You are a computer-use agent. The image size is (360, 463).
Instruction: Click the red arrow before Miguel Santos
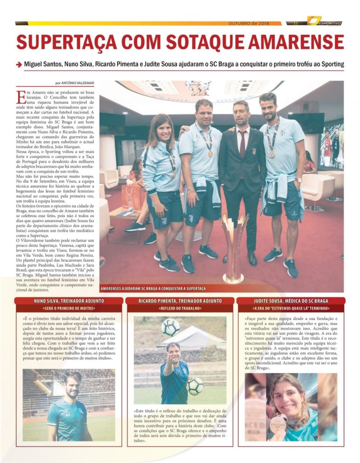(x=19, y=65)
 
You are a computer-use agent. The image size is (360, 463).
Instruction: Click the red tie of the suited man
(x=242, y=142)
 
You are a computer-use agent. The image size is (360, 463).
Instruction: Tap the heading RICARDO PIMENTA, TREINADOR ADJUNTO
(x=180, y=301)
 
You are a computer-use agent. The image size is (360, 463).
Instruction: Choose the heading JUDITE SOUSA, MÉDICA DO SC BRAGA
(x=291, y=301)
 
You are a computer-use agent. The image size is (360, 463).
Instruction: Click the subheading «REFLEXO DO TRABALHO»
(x=180, y=308)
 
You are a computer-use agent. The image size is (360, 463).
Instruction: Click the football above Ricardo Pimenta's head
(x=171, y=327)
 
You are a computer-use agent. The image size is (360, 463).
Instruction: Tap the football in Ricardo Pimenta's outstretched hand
(x=195, y=386)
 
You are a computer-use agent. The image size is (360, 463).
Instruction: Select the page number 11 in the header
(x=296, y=23)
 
